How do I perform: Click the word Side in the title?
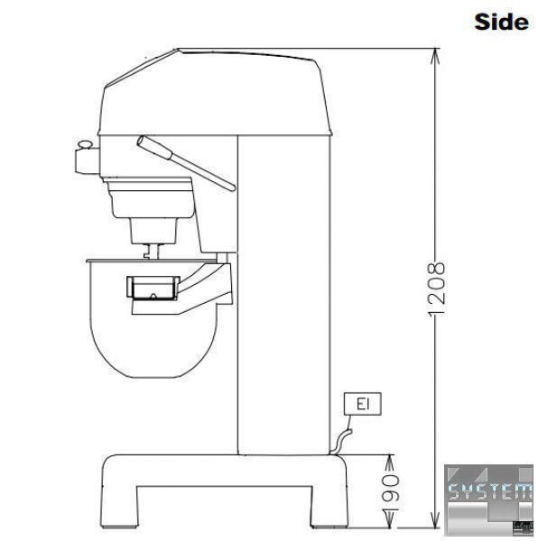point(501,22)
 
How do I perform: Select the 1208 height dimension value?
point(437,289)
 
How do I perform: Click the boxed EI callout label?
point(363,404)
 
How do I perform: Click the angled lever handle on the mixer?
point(186,162)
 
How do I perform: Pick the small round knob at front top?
point(85,144)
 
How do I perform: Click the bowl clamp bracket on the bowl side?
point(153,288)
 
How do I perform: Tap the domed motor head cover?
point(215,92)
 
